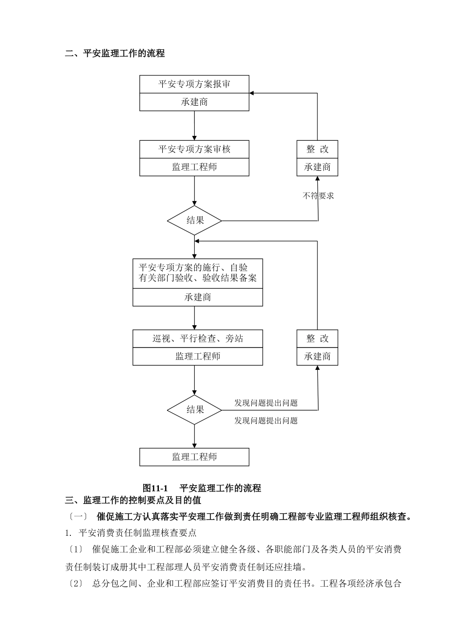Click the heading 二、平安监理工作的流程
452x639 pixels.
(115, 53)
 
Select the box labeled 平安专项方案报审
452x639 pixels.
(194, 84)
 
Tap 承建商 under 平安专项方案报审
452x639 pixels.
(194, 102)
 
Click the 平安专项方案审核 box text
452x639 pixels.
(194, 149)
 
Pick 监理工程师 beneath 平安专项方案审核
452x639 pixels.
(194, 167)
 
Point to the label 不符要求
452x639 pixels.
(318, 195)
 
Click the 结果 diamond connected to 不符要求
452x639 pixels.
(195, 220)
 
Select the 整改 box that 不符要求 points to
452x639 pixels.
(317, 149)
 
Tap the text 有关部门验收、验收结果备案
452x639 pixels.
(197, 278)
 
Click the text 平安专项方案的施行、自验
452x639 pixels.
(193, 268)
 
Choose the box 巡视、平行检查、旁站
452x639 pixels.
(197, 339)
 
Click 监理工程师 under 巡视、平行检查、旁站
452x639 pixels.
(197, 357)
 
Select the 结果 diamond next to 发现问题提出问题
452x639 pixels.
(195, 409)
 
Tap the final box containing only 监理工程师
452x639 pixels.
(194, 457)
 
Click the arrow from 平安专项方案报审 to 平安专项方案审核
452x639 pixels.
(194, 126)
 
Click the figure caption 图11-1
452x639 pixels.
(156, 488)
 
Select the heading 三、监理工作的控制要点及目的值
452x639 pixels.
(133, 500)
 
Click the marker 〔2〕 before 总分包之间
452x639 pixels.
(75, 583)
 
